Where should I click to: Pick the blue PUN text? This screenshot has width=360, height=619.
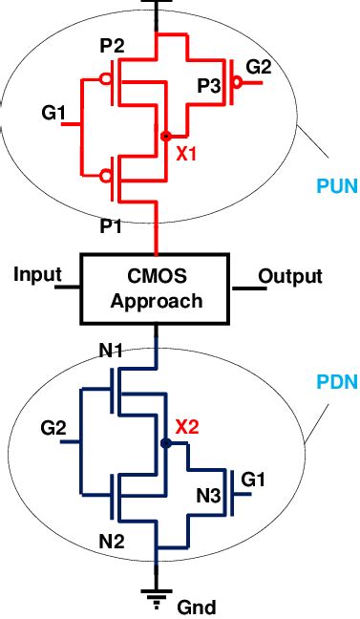pyautogui.click(x=337, y=186)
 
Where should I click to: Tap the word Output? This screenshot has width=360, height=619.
pyautogui.click(x=290, y=277)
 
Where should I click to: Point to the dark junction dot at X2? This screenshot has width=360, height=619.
pyautogui.click(x=166, y=443)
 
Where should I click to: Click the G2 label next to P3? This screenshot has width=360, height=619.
pyautogui.click(x=260, y=68)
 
